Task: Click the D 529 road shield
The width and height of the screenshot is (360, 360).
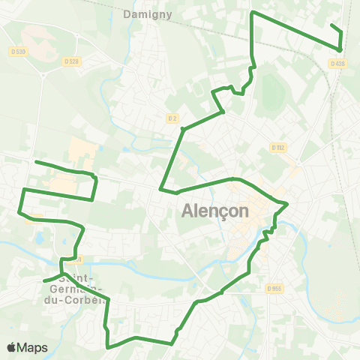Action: pos(71,61)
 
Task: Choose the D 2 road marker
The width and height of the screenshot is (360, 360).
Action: pos(172,118)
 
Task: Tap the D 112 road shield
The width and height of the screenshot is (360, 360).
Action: pos(279,148)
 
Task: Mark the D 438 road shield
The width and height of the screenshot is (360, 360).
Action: pos(339,64)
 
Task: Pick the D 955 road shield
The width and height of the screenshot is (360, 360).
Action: pos(274,288)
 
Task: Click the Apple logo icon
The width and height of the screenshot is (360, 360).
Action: pos(12,347)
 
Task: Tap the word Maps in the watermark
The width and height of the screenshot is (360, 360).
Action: pos(33,347)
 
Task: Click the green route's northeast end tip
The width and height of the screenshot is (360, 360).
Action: pos(331,25)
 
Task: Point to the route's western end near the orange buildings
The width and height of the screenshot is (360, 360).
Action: pos(36,162)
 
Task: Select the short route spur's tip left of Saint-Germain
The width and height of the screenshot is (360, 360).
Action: pos(45,281)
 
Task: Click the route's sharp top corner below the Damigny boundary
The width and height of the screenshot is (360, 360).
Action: pos(251,13)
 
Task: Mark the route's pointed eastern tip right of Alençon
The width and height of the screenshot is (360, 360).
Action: pos(288,203)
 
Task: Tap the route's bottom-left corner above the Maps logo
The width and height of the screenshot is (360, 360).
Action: pos(108,347)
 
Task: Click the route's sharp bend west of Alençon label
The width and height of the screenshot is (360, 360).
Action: pos(160,190)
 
